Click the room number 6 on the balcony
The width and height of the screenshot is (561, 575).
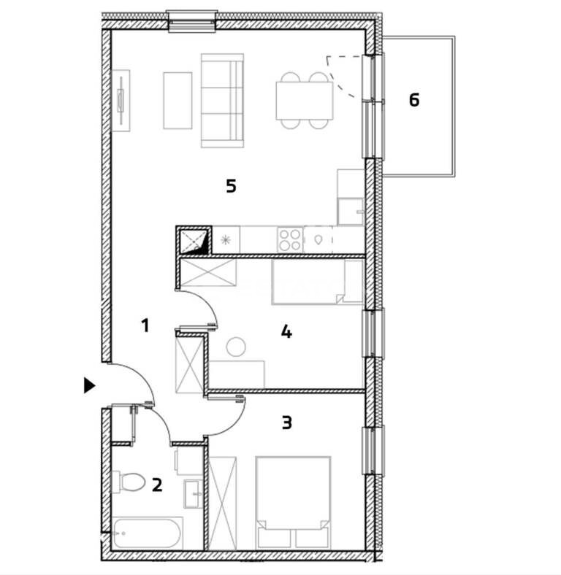(x=414, y=100)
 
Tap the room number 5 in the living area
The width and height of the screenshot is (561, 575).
(x=231, y=186)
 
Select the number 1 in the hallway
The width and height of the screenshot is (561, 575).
(x=145, y=325)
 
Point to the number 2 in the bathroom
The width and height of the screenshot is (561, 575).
(x=157, y=485)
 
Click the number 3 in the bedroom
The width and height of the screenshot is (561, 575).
(x=287, y=422)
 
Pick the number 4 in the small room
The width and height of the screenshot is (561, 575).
(x=286, y=332)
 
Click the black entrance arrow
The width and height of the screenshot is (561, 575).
(x=90, y=385)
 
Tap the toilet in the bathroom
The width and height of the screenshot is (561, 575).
(x=128, y=482)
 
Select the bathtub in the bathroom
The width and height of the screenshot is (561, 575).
(x=148, y=533)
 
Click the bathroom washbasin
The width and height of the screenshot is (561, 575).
(x=192, y=494)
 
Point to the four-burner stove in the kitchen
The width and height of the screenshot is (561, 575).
(x=290, y=239)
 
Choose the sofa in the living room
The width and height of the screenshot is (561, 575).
(x=223, y=101)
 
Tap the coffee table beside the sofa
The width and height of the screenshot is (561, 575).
(x=178, y=101)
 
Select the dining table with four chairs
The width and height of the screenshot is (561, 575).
(x=305, y=101)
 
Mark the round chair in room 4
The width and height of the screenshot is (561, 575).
(x=236, y=347)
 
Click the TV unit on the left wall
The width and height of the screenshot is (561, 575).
(x=121, y=101)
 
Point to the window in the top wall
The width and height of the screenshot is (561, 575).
(x=191, y=22)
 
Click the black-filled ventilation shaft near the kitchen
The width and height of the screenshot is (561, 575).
(x=194, y=240)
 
